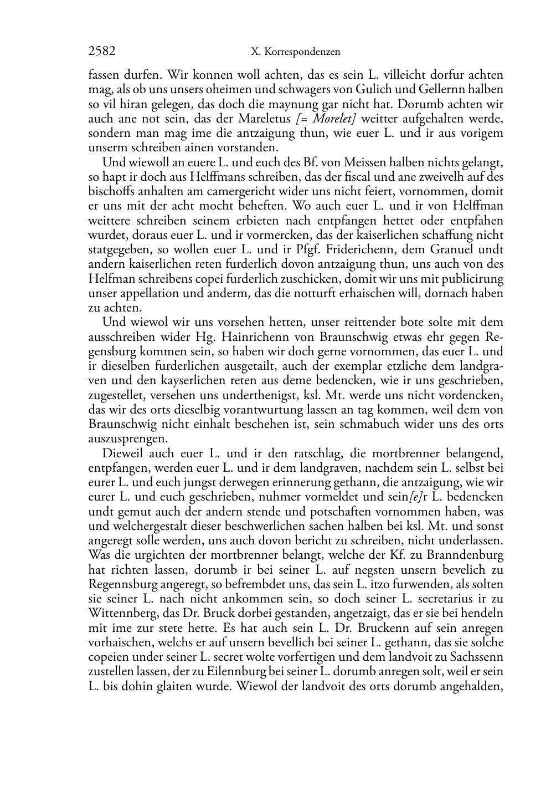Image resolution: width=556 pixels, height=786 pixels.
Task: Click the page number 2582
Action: coord(102,52)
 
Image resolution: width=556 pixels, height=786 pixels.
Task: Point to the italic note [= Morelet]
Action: coord(322,119)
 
